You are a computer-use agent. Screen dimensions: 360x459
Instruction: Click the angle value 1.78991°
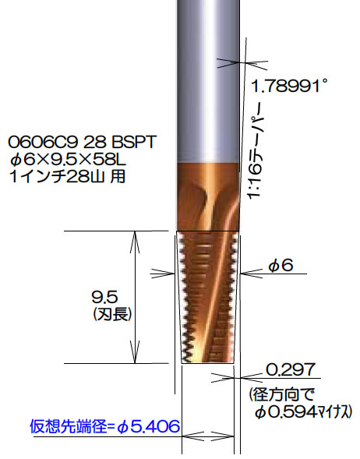288,86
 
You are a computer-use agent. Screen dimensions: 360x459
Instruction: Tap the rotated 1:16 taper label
256,150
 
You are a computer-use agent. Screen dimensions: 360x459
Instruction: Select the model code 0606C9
44,143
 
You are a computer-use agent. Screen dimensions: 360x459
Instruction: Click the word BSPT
133,143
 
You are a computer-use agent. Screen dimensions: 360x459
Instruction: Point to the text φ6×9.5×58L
67,160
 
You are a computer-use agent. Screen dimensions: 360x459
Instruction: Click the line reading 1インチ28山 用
67,177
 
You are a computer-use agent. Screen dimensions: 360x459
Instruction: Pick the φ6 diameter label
281,266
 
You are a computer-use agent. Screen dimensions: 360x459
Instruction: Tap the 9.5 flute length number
104,297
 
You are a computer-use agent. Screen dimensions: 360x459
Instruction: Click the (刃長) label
112,314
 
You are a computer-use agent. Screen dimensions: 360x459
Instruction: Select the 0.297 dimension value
291,370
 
